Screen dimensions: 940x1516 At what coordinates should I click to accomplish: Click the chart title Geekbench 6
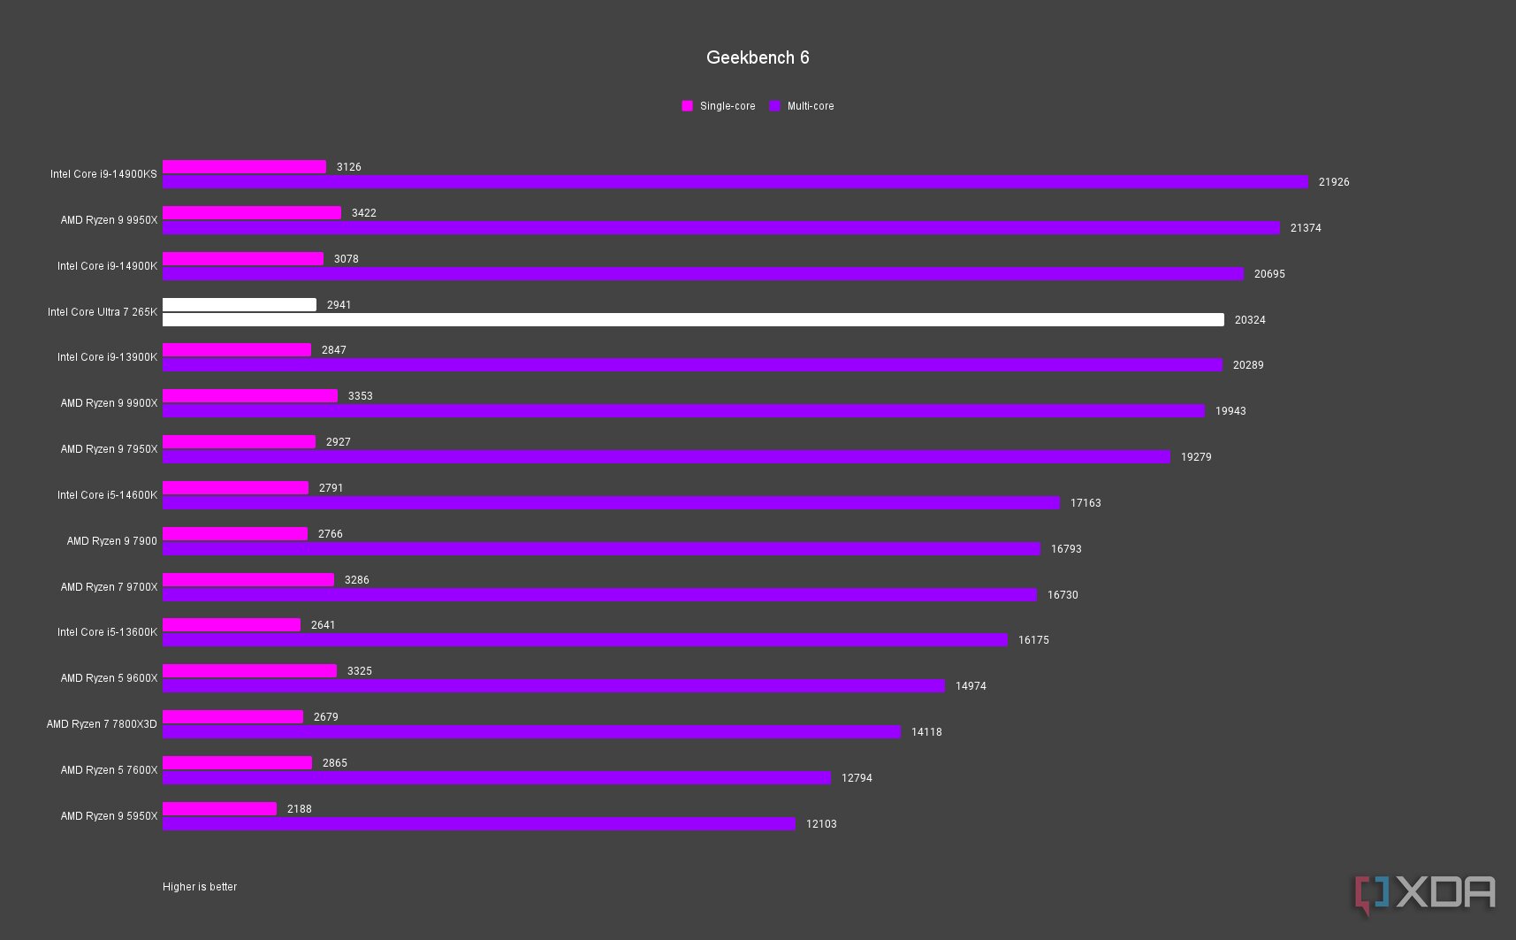pos(758,57)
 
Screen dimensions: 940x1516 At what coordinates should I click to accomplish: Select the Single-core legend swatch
pos(687,106)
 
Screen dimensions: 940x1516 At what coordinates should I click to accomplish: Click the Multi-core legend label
pos(810,106)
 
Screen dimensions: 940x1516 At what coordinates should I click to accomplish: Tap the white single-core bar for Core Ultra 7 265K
pos(240,304)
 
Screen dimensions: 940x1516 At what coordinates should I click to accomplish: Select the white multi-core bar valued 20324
pos(693,319)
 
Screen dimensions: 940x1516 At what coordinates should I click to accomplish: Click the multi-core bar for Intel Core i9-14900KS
pos(735,181)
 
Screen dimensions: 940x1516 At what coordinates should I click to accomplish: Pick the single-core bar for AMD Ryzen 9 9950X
pos(252,212)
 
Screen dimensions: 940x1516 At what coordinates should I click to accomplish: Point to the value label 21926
pos(1334,182)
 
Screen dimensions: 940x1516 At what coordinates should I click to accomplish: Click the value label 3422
pos(363,213)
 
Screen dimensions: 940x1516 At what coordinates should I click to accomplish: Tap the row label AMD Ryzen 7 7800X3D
pos(102,724)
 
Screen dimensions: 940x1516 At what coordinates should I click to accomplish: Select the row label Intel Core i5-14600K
pos(107,495)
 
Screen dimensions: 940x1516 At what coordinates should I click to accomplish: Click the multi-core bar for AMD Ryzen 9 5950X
pos(478,823)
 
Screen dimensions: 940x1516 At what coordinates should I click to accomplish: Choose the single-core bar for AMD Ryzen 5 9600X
pos(249,670)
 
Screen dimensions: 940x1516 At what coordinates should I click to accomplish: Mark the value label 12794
pos(857,778)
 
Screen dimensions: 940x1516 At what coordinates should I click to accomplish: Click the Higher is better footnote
pos(200,887)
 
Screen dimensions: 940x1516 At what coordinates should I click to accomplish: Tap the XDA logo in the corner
pos(1424,894)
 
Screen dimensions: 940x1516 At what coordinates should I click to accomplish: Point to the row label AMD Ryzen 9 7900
pos(111,541)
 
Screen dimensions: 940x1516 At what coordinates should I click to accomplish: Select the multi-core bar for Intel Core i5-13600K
pos(584,639)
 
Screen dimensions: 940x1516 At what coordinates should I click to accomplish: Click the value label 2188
pos(299,809)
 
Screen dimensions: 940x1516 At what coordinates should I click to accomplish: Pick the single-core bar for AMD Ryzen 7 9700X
pos(248,579)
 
